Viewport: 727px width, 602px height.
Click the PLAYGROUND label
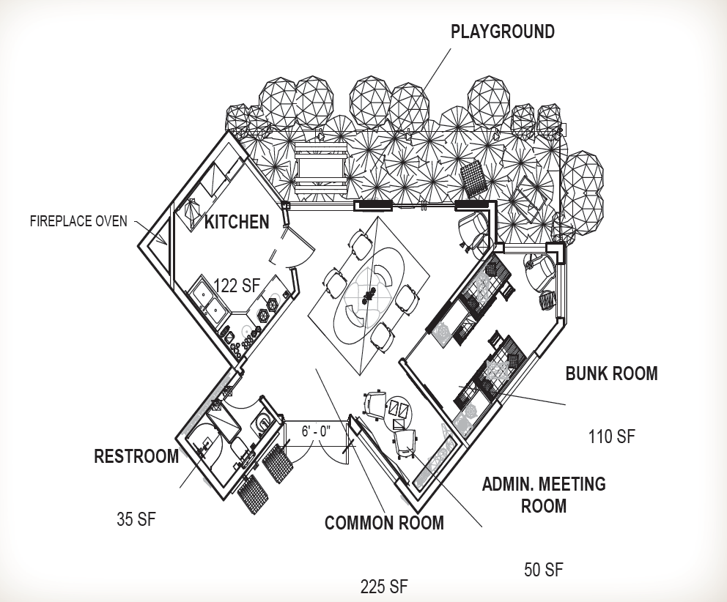point(502,31)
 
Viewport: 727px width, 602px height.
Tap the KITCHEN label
point(237,222)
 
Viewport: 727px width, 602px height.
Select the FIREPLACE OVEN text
point(78,220)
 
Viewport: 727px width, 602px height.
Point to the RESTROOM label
point(136,457)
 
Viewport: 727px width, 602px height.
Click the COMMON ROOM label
point(384,523)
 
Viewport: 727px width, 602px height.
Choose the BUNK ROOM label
point(611,374)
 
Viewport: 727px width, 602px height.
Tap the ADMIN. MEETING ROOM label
point(543,494)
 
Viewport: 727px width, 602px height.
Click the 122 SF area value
point(236,286)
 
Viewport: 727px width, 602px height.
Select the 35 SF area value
point(136,519)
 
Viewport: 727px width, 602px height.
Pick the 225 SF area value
point(384,586)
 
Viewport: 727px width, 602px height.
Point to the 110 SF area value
point(611,437)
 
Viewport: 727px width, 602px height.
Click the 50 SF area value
point(544,570)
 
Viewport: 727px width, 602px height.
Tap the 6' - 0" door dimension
point(317,431)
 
